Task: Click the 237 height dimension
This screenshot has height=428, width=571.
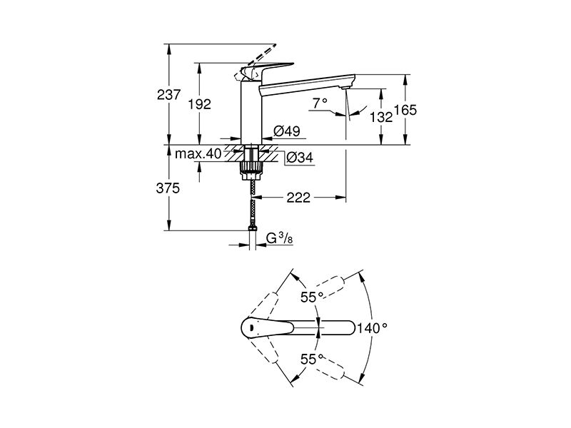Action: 168,95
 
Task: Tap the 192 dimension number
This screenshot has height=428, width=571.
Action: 199,104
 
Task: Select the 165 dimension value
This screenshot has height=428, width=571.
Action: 405,110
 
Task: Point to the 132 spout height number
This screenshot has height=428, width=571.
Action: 381,117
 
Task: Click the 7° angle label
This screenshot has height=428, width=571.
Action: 319,103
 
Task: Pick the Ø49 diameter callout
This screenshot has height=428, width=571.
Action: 287,131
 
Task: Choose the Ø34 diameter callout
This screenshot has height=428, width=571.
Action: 299,158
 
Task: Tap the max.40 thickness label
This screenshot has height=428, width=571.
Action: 198,154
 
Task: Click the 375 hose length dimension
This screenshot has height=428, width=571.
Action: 168,188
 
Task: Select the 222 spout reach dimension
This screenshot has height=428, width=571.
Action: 298,198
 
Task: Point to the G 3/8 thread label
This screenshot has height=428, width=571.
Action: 279,238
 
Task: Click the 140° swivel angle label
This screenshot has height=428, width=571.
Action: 371,328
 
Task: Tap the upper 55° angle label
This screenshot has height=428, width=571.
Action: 312,297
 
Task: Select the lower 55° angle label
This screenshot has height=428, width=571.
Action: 312,360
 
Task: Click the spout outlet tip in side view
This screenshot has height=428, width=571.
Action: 345,87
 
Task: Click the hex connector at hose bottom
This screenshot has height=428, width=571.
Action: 252,228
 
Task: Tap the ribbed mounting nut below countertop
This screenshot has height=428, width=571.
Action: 251,170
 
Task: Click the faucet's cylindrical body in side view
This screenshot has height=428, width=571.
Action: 251,112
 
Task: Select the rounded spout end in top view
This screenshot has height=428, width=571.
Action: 350,328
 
